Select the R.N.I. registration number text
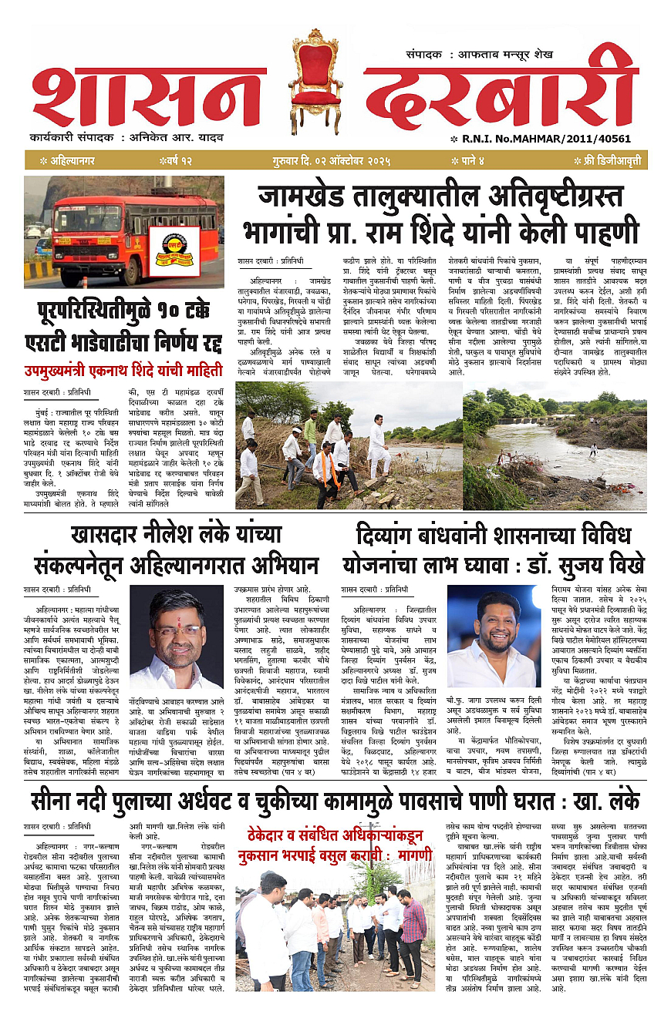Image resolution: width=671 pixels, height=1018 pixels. click(524, 139)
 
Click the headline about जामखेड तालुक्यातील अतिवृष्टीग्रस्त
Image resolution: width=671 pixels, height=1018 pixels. click(440, 217)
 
